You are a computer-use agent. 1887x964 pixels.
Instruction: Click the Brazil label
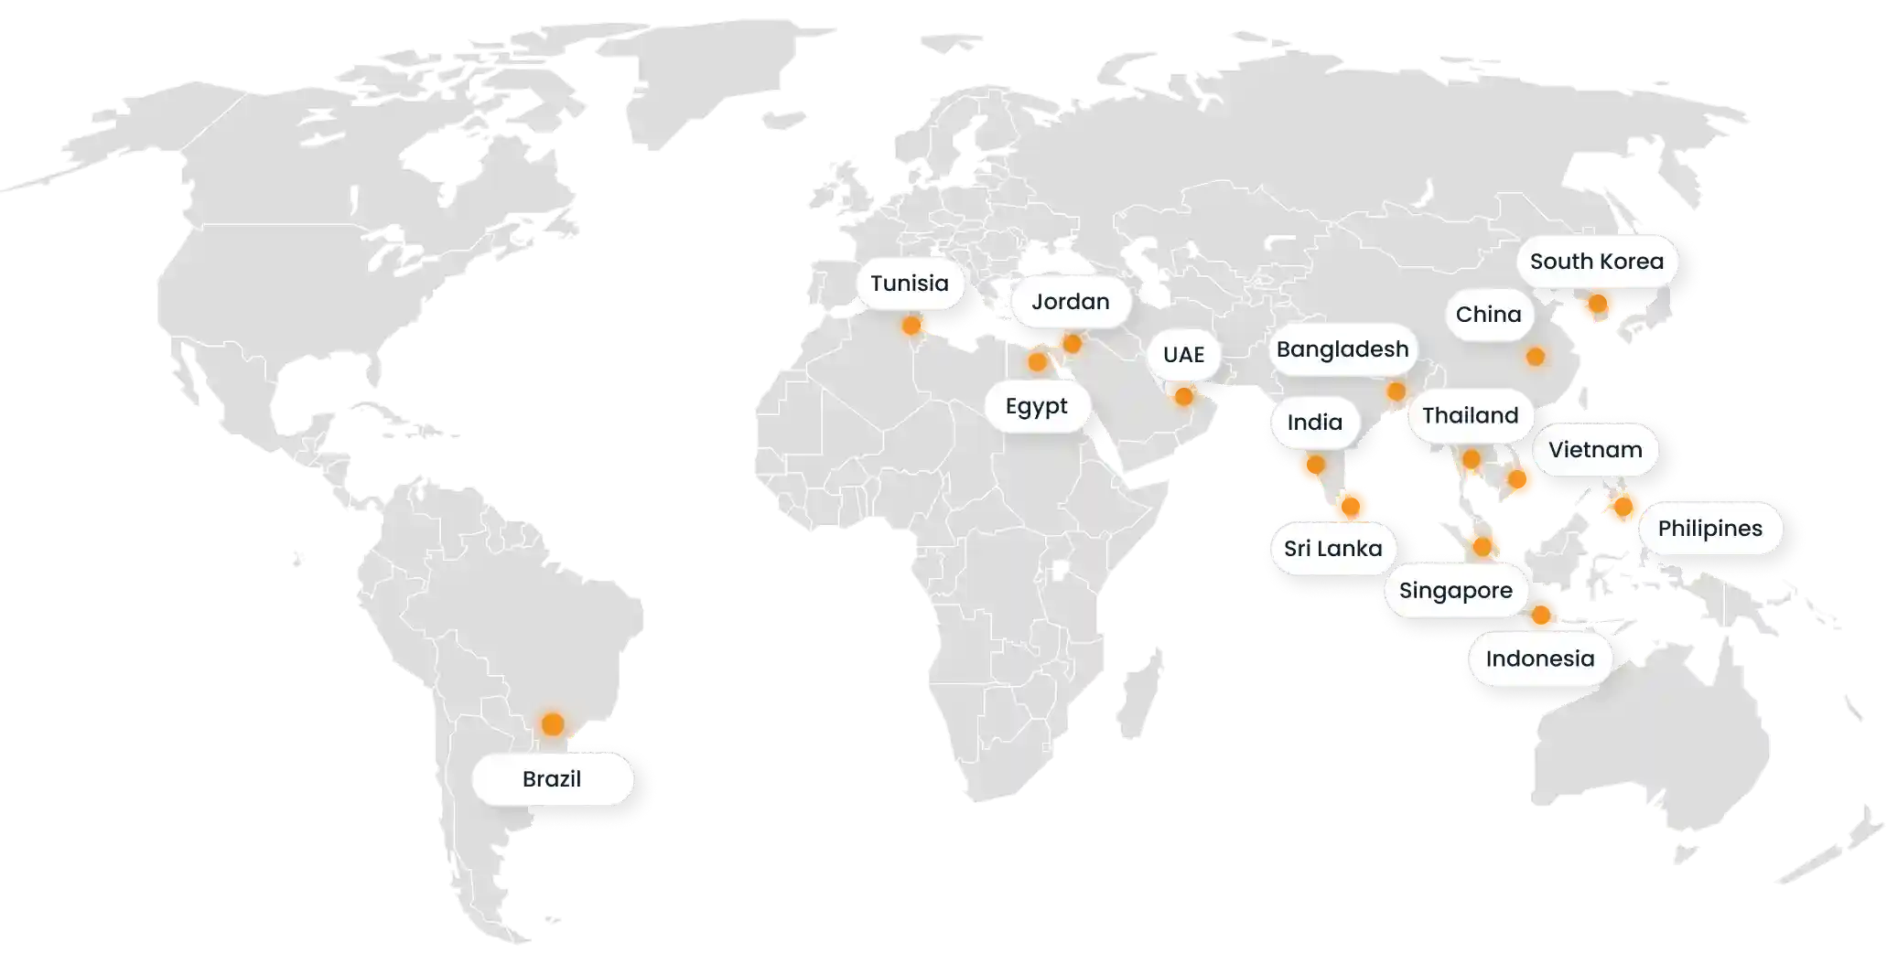point(552,779)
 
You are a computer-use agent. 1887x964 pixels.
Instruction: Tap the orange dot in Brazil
point(552,724)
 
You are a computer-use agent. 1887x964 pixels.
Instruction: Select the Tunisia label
point(909,284)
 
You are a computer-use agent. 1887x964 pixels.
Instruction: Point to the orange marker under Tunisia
point(911,325)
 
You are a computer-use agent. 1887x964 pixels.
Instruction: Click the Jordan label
point(1070,302)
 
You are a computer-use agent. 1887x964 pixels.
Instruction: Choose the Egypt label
point(1036,406)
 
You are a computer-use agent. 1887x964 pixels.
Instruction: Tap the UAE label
point(1183,355)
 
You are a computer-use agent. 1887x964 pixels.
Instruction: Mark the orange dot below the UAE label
point(1183,396)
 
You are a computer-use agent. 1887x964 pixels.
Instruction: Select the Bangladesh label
point(1342,349)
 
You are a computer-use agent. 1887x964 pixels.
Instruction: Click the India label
point(1314,423)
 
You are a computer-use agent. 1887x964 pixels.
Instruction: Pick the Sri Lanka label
point(1332,549)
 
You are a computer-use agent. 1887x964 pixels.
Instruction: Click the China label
point(1488,315)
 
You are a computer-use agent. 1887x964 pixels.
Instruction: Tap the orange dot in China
point(1536,356)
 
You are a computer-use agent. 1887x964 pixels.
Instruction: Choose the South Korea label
point(1596,262)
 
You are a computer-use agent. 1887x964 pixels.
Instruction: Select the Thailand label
point(1470,416)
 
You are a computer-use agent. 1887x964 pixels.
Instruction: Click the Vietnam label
point(1595,450)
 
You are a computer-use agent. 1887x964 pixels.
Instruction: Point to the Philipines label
point(1709,529)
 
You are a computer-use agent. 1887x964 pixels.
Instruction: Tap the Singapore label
point(1455,591)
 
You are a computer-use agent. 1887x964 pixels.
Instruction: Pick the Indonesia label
point(1539,659)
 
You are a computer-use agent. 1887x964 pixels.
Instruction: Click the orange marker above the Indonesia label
point(1541,616)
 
